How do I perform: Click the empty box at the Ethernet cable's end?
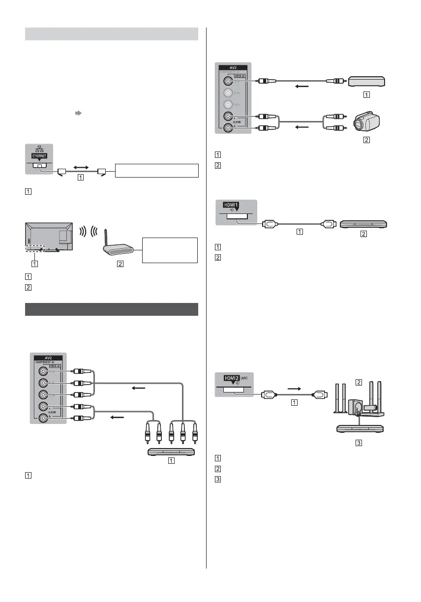[156, 171]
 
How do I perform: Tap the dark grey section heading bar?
[111, 309]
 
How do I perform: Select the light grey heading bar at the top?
[111, 34]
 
